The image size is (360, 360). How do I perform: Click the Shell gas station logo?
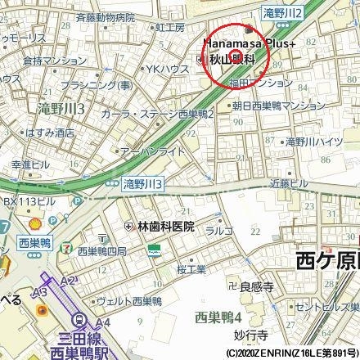click(34, 223)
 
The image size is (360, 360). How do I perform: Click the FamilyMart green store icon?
click(153, 254)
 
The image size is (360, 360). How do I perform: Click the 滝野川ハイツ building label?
click(313, 142)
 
